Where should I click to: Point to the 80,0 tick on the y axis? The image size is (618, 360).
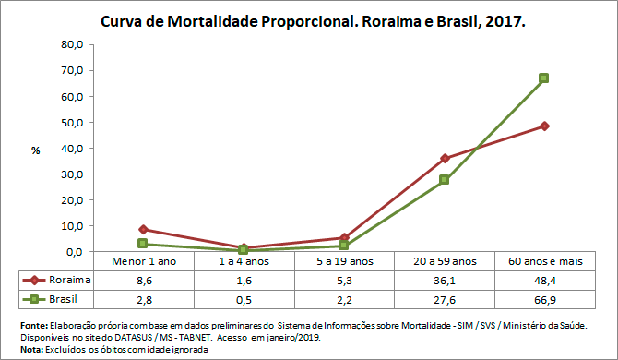pos(71,44)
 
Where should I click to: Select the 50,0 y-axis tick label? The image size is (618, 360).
pos(71,122)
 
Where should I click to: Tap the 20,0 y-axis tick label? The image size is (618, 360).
pos(71,199)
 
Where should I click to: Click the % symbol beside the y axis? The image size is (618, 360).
pos(35,150)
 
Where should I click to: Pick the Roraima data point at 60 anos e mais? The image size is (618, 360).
pos(544,126)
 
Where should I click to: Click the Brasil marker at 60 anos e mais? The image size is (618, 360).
pos(544,78)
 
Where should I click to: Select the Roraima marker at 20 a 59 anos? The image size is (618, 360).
pos(445,158)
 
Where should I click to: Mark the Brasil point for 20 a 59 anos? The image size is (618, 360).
pos(445,180)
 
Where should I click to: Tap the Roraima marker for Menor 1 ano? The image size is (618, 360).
pos(143,229)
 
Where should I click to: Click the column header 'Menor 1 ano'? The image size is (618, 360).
pos(143,262)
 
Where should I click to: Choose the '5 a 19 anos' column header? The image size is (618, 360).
pos(343,262)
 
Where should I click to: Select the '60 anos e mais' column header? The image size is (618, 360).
pos(544,262)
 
